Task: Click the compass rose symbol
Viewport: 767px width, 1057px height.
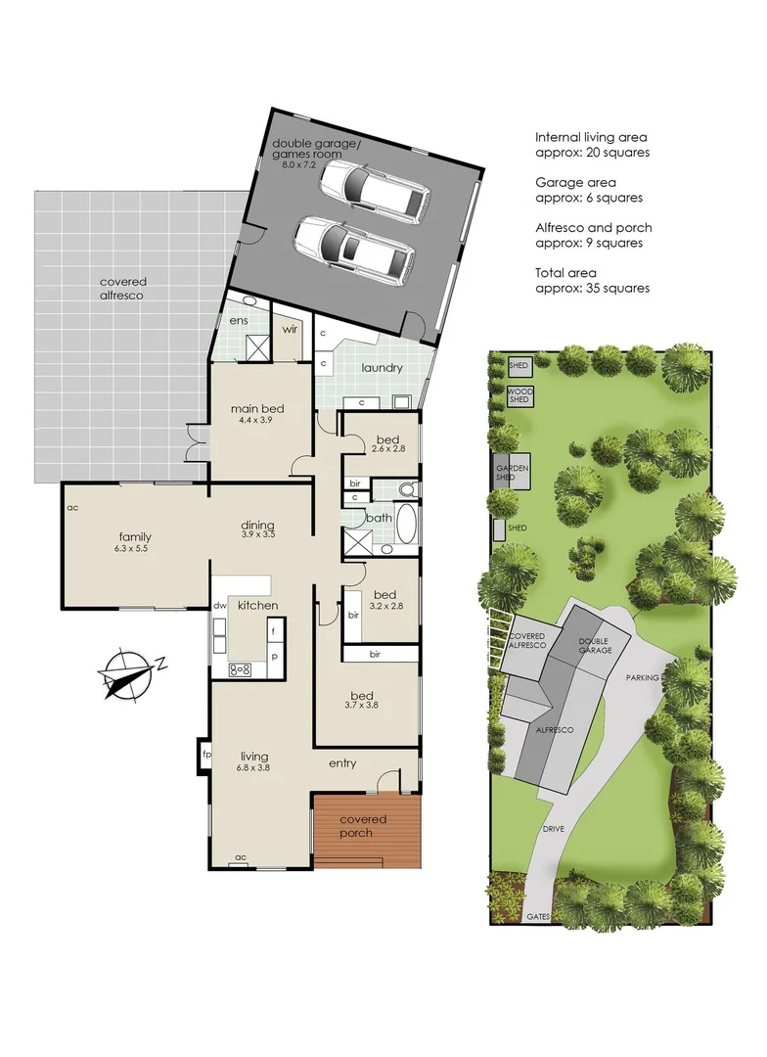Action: coord(127,673)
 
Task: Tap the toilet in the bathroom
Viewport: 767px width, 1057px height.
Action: coord(408,489)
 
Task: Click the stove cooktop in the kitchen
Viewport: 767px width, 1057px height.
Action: coord(240,669)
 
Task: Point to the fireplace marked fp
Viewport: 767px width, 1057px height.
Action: coord(205,756)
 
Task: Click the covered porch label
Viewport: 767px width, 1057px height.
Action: coord(363,826)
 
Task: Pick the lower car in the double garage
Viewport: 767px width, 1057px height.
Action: coord(350,250)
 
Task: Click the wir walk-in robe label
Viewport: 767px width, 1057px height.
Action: coord(290,330)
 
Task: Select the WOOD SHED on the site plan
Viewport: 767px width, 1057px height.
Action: coord(519,395)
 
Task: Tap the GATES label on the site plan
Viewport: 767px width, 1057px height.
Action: coord(537,917)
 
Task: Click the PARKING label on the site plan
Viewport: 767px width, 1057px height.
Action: coord(642,677)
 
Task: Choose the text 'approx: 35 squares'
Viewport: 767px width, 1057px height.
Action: coord(592,288)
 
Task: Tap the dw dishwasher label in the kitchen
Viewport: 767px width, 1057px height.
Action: coord(220,607)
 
